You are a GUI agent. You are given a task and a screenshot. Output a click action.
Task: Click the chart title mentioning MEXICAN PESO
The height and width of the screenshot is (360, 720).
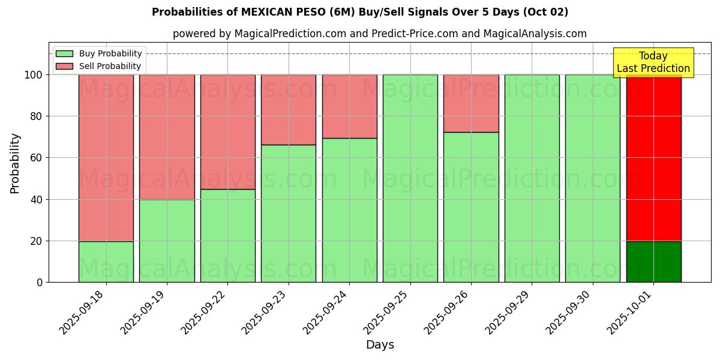click(360, 12)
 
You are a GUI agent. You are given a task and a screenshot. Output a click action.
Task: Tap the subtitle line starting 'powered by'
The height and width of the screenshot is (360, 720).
click(379, 34)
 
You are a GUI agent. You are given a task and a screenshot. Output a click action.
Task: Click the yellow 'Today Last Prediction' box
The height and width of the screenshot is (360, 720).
click(653, 62)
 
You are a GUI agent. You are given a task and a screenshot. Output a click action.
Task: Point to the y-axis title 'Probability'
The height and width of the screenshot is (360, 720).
click(15, 163)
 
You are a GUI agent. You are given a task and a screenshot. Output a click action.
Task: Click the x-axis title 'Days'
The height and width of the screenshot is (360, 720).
click(380, 345)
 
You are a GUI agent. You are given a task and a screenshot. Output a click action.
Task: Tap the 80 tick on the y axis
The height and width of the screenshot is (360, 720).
click(37, 116)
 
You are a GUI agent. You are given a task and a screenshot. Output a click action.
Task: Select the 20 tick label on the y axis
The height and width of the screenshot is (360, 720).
click(37, 241)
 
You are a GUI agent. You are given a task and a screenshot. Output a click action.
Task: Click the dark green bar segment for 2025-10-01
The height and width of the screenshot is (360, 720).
click(653, 262)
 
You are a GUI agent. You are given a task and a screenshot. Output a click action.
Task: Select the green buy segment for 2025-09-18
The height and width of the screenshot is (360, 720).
click(106, 262)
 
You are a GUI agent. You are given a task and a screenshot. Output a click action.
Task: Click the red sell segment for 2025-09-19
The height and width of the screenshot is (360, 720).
click(167, 137)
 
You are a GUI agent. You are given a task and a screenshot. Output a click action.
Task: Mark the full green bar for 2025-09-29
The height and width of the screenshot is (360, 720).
click(532, 178)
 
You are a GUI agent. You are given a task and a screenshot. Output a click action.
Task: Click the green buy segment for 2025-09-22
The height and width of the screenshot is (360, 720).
click(227, 235)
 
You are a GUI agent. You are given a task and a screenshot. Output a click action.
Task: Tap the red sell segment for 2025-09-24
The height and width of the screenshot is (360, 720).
click(349, 106)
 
